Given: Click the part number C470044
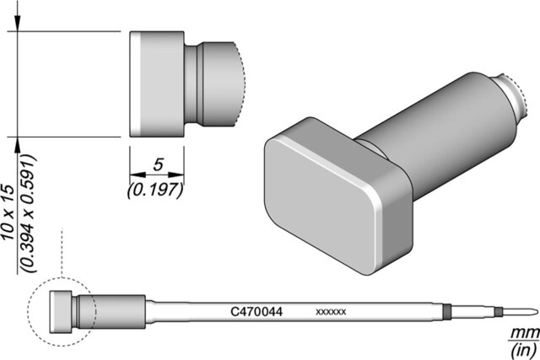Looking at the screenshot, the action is [x=256, y=312].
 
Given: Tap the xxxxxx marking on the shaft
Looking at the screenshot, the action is [x=331, y=312].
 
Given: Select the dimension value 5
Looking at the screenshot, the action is [x=158, y=165].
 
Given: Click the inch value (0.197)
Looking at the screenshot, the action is [x=155, y=190].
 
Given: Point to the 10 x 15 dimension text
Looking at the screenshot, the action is [x=8, y=212].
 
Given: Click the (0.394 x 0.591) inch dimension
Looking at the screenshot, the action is [x=28, y=214].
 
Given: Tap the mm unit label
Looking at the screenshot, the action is [x=525, y=333].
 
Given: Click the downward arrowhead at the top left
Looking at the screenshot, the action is [x=17, y=23].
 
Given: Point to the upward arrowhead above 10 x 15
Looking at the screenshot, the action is [x=17, y=145].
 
